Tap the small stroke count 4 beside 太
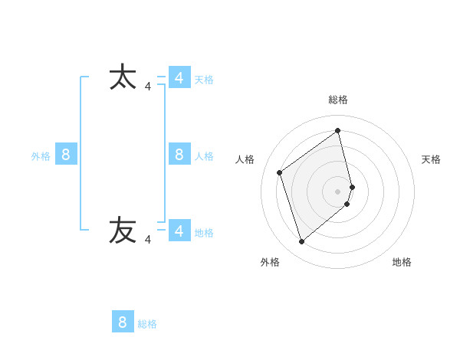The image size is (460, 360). pos(148,87)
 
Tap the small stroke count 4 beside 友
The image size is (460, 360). pos(148,240)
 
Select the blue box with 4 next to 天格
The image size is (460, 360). pos(179,78)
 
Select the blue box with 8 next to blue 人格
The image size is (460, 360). pos(179,155)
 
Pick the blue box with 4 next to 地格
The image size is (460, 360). pos(179,231)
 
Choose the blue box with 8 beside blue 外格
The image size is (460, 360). pos(66,155)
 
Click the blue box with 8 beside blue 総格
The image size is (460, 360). pos(123,322)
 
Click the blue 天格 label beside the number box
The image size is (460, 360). pos(204,80)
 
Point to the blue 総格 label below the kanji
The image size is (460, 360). pos(147,324)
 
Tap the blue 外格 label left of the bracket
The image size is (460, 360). pos(41,156)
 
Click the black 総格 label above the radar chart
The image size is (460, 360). pos(338,100)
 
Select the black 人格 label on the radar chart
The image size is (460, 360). pos(245,159)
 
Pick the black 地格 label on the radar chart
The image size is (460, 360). pos(402,263)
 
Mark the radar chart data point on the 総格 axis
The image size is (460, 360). pos(338,130)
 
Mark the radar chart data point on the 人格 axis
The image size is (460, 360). pos(280,172)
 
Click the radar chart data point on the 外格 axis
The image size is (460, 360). pos(301,242)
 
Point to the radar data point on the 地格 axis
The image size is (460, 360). pos(347,204)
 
